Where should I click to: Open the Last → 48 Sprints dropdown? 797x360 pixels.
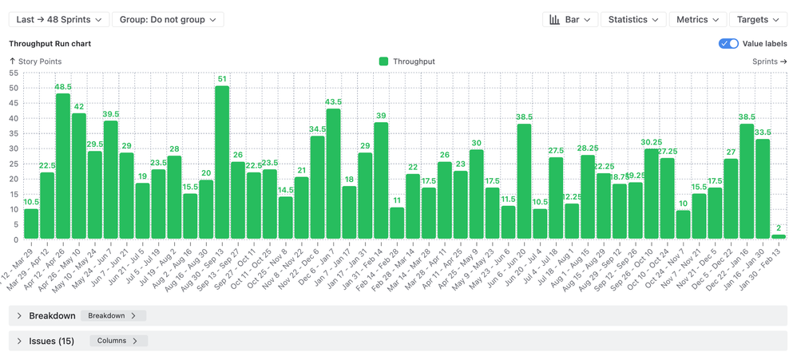pyautogui.click(x=58, y=19)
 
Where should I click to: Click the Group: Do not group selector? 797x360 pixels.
pyautogui.click(x=168, y=19)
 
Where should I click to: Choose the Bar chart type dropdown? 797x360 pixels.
pyautogui.click(x=570, y=19)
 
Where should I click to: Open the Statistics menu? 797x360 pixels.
pyautogui.click(x=633, y=19)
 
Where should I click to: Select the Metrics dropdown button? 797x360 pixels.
pyautogui.click(x=697, y=19)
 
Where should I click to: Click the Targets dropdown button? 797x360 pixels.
pyautogui.click(x=758, y=19)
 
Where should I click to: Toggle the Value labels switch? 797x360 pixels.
pyautogui.click(x=728, y=44)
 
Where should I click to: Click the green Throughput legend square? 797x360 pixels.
pyautogui.click(x=384, y=61)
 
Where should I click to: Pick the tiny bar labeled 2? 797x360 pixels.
pyautogui.click(x=779, y=237)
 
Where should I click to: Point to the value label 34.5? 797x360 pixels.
pyautogui.click(x=318, y=129)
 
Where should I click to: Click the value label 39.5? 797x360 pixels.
pyautogui.click(x=111, y=114)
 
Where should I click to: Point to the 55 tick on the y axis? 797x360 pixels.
pyautogui.click(x=14, y=73)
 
